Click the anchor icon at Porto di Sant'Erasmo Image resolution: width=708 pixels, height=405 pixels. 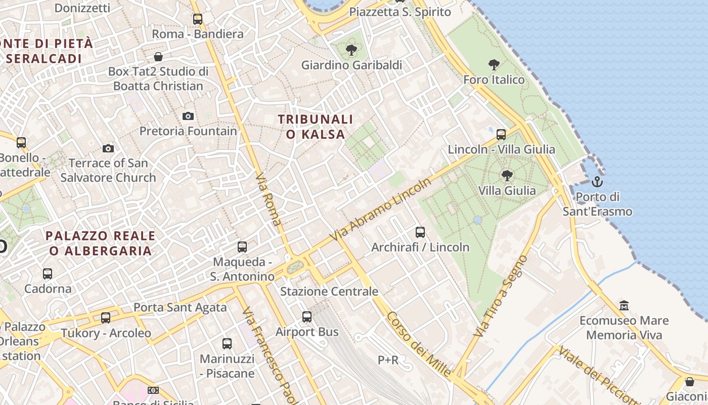pyautogui.click(x=597, y=182)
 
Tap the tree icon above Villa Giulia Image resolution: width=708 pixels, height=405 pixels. pyautogui.click(x=507, y=176)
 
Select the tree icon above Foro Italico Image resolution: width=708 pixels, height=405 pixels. pyautogui.click(x=494, y=65)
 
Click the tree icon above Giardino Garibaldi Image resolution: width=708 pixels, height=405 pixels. pyautogui.click(x=351, y=50)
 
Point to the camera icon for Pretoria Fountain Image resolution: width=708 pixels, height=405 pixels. pyautogui.click(x=188, y=116)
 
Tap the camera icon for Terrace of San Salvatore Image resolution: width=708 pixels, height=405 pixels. pyautogui.click(x=108, y=148)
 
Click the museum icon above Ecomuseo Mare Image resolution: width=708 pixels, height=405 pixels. pyautogui.click(x=624, y=306)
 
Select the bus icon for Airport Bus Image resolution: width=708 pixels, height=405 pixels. pyautogui.click(x=307, y=317)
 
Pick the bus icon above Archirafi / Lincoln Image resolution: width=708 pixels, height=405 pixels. pyautogui.click(x=420, y=232)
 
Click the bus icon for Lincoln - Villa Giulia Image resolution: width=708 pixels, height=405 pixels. pyautogui.click(x=501, y=135)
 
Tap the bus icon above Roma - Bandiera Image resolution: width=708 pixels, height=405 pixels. pyautogui.click(x=198, y=19)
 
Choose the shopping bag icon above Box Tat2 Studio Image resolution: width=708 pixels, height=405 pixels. pyautogui.click(x=158, y=57)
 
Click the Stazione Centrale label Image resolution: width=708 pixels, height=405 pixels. pyautogui.click(x=329, y=291)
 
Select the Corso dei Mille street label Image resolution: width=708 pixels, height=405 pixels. pyautogui.click(x=418, y=344)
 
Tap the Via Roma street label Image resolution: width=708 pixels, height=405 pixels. pyautogui.click(x=269, y=199)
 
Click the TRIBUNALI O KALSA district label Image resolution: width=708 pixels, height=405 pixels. pyautogui.click(x=316, y=127)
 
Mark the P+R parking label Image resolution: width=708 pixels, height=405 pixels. pyautogui.click(x=388, y=360)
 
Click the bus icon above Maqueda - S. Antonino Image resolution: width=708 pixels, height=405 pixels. pyautogui.click(x=242, y=247)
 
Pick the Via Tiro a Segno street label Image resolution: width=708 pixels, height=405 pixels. pyautogui.click(x=500, y=297)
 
